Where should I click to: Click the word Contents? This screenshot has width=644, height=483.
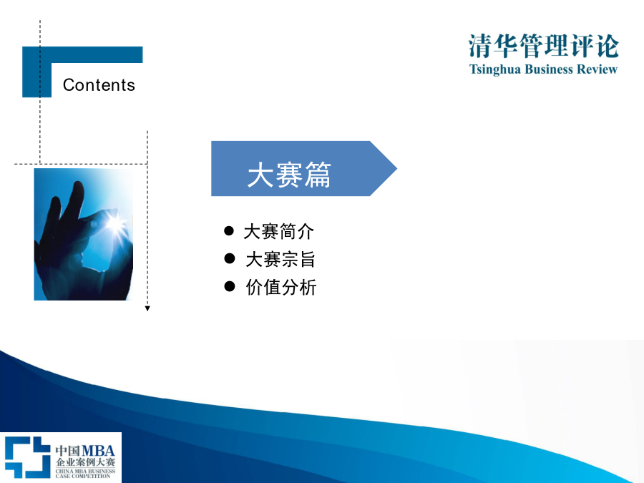coord(99,85)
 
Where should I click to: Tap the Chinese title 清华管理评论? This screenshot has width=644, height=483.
coord(543,46)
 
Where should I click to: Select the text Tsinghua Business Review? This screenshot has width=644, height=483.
coord(543,69)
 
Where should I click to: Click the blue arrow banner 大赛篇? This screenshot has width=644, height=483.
coord(304,168)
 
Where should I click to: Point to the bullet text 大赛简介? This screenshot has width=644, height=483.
coord(279,232)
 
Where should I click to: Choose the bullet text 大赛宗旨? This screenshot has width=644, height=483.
coord(280,260)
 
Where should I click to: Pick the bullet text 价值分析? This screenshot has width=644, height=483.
coord(281,287)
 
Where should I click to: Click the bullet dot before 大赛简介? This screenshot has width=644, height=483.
coord(229,231)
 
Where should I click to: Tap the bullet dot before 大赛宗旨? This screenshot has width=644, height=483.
coord(230,258)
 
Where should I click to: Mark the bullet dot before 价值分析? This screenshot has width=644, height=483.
coord(230,286)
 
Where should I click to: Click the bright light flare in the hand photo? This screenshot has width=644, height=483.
coord(114,223)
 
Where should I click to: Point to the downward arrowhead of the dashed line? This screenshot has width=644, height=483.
coord(147,308)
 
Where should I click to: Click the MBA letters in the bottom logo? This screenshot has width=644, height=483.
coord(99,451)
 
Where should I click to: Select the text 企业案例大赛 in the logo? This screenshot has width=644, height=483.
coord(85,462)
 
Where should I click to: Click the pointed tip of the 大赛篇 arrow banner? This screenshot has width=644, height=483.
coord(396,168)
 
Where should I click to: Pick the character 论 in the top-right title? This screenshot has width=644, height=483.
coord(608,46)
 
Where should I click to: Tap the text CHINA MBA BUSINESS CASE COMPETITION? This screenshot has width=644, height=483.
coord(85,474)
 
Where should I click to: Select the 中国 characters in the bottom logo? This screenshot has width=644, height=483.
coord(68,451)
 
